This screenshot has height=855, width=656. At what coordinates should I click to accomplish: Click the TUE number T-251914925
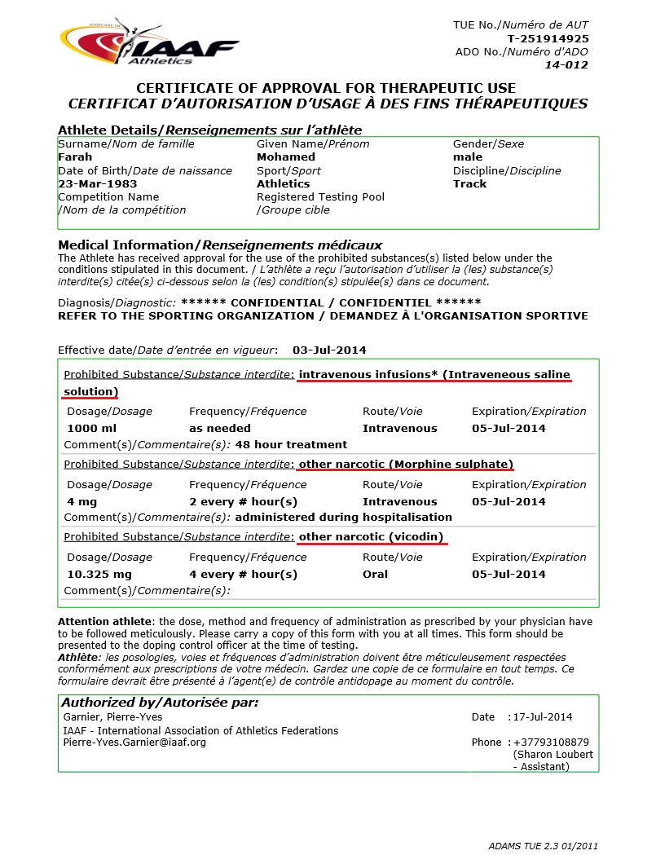coord(548,38)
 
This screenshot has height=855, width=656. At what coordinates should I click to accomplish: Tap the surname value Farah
coord(75,156)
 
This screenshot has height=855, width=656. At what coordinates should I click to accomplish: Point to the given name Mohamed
coord(286,156)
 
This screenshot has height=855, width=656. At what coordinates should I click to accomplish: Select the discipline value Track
coord(470,183)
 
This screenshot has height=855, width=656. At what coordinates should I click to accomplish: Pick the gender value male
coord(468,156)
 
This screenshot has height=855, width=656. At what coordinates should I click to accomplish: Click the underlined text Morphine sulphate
coord(450,464)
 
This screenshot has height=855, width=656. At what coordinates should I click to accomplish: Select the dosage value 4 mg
coord(81,501)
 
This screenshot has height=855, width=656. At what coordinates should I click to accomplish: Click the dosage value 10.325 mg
coord(99,574)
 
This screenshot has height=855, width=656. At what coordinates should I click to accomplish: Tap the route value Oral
coord(376,574)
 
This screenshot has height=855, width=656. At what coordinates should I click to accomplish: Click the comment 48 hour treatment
coord(291,444)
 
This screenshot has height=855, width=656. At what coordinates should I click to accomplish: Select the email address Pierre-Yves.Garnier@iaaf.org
coord(134,743)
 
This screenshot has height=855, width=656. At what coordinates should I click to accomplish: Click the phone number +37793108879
coord(551,743)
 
